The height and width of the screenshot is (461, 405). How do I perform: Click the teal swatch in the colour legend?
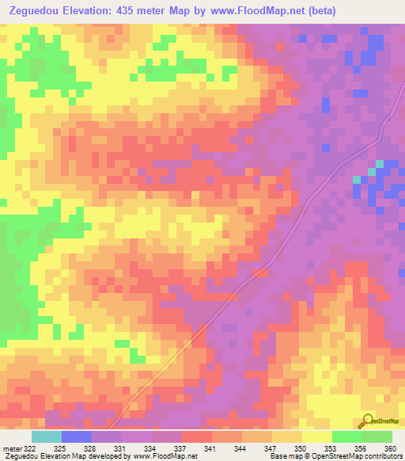tap(47, 436)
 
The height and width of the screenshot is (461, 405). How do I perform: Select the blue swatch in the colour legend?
tap(77, 436)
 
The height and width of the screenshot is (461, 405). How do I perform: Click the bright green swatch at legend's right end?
tap(377, 436)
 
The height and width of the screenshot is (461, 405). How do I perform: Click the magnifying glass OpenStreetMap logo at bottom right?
tap(366, 421)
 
